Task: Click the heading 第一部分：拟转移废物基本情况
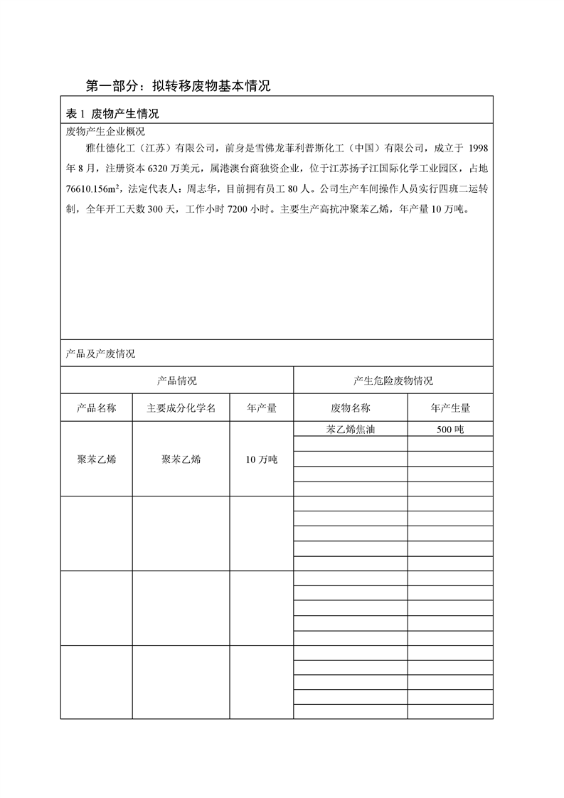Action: point(178,87)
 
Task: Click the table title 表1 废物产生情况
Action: point(112,114)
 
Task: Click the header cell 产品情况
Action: point(177,381)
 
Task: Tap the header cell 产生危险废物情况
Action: point(393,381)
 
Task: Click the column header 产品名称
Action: point(96,408)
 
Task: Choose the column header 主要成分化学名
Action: point(181,408)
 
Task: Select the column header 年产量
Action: point(261,408)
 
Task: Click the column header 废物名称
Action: point(350,408)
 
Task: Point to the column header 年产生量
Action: point(450,408)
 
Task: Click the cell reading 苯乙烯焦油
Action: point(350,429)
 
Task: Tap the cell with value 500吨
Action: point(450,429)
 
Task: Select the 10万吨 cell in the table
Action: point(261,459)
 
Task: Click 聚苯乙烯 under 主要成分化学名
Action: point(181,459)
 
